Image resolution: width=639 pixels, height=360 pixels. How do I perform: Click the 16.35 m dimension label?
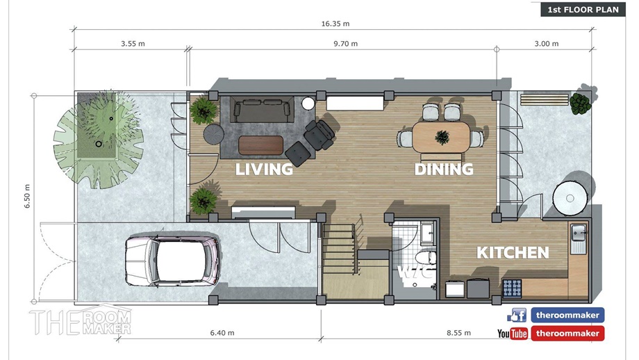click(335, 24)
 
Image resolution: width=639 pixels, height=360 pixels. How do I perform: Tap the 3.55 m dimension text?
click(133, 44)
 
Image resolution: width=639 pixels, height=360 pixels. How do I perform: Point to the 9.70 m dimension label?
click(346, 44)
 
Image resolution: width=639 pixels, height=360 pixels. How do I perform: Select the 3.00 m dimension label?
click(547, 44)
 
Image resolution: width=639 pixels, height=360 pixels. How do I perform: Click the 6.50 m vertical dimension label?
click(27, 196)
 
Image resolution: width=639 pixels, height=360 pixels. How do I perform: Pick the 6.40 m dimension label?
click(222, 333)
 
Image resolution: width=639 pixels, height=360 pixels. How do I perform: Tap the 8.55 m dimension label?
click(458, 333)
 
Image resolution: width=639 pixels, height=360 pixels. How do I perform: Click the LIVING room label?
click(264, 169)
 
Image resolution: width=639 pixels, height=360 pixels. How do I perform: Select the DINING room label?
click(444, 169)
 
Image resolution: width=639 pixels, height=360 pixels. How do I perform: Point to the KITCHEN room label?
click(513, 253)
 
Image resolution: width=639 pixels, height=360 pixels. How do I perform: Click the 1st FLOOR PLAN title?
click(583, 9)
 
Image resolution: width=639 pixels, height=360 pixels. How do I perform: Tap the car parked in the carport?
click(172, 260)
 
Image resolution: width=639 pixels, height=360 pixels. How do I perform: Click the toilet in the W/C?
click(426, 258)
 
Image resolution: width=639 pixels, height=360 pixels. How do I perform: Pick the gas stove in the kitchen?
click(512, 288)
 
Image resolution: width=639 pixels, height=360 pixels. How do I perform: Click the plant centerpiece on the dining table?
click(442, 138)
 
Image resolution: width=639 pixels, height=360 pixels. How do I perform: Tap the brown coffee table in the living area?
click(260, 145)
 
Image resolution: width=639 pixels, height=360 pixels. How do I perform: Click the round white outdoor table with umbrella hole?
click(570, 199)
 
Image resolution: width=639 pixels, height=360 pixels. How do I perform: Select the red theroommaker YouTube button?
click(567, 334)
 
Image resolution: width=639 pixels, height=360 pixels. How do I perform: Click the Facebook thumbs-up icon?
click(516, 315)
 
